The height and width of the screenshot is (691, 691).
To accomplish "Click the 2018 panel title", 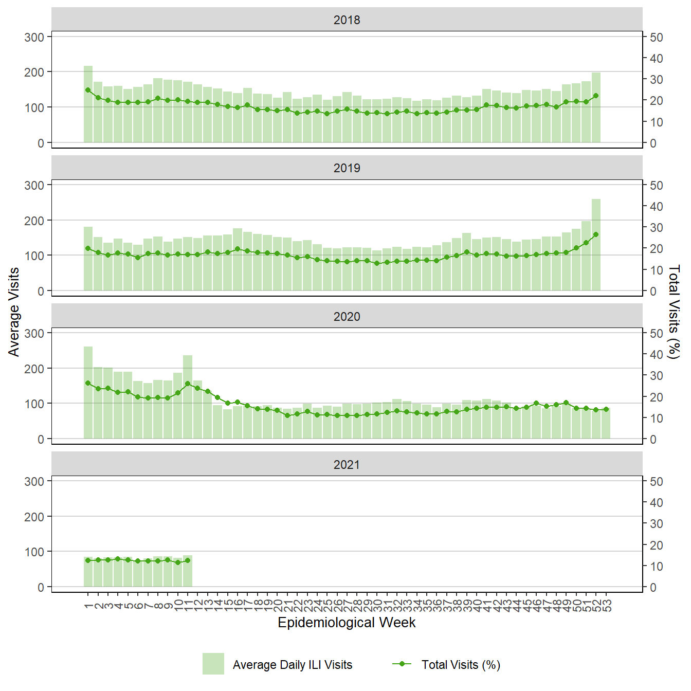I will [x=347, y=20].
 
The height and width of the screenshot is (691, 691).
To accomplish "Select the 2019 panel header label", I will [x=347, y=168].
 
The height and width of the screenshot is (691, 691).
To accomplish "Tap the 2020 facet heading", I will [x=347, y=317].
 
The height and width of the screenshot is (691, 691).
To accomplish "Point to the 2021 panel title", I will [x=347, y=465].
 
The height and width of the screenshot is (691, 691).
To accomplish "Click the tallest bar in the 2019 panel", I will [x=596, y=245].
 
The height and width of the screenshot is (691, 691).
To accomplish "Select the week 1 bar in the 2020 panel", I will [x=88, y=393].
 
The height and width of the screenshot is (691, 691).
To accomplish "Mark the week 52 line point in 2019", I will [x=596, y=234].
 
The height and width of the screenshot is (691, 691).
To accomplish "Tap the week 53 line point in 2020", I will [x=606, y=409].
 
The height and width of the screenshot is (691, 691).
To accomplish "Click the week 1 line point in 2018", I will [x=88, y=90].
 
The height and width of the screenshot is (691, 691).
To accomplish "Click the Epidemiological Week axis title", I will [x=347, y=623].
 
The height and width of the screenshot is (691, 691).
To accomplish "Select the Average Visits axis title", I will [x=14, y=312].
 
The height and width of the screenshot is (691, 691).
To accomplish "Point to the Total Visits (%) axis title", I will [x=674, y=312].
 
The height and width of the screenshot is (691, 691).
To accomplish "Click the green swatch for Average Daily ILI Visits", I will [x=213, y=664].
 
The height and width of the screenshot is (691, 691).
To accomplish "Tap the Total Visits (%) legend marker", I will [x=402, y=664].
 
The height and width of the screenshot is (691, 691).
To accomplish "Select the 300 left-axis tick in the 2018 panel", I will [x=34, y=37].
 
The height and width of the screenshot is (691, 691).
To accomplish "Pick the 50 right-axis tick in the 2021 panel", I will [x=657, y=482].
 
